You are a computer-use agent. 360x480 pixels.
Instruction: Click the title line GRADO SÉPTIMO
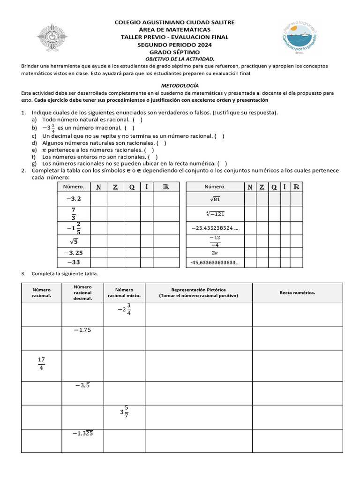pos(174,52)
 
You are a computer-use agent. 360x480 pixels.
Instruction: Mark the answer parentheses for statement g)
pos(223,164)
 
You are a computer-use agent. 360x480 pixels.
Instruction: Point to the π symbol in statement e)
pos(45,150)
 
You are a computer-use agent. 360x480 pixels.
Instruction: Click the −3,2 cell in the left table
pos(70,198)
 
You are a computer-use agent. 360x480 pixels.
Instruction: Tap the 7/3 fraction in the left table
pos(73,213)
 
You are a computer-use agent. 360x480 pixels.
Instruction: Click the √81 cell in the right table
pos(215,199)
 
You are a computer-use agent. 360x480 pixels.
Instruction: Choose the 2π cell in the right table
pos(215,253)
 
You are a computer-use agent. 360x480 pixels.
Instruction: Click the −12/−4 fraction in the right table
pos(215,241)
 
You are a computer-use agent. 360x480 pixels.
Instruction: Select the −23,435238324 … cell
pos(215,228)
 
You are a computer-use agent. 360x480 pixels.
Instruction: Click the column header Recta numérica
pos(297,292)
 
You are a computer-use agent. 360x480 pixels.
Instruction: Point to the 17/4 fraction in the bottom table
pos(41,364)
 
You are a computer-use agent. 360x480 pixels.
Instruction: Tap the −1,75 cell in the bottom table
pos(82,330)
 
